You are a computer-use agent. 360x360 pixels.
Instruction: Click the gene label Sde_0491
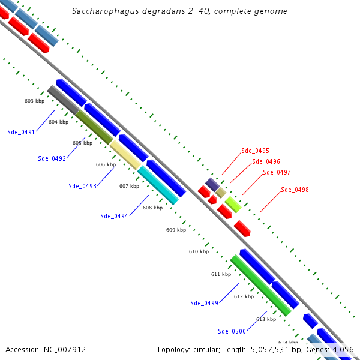21,132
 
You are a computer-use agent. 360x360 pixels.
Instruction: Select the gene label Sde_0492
52,159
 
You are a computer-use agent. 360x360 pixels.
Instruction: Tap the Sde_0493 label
82,186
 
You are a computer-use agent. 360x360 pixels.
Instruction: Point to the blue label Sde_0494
114,216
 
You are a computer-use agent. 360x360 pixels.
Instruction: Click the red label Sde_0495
255,151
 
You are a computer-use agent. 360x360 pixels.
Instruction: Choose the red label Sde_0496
266,161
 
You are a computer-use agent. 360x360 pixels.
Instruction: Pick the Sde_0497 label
277,173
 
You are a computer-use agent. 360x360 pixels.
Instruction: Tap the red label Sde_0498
295,190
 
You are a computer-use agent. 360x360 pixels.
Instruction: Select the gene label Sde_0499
204,303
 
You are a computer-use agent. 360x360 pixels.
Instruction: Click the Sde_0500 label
232,331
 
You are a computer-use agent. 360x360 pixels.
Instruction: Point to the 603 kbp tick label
34,101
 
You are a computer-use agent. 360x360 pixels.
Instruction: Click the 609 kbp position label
176,230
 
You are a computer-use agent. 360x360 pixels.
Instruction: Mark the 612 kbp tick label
244,296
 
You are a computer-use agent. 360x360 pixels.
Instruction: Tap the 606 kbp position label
106,164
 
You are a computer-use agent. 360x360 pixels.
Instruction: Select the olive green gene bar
94,127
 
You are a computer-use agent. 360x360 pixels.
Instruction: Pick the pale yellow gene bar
125,155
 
